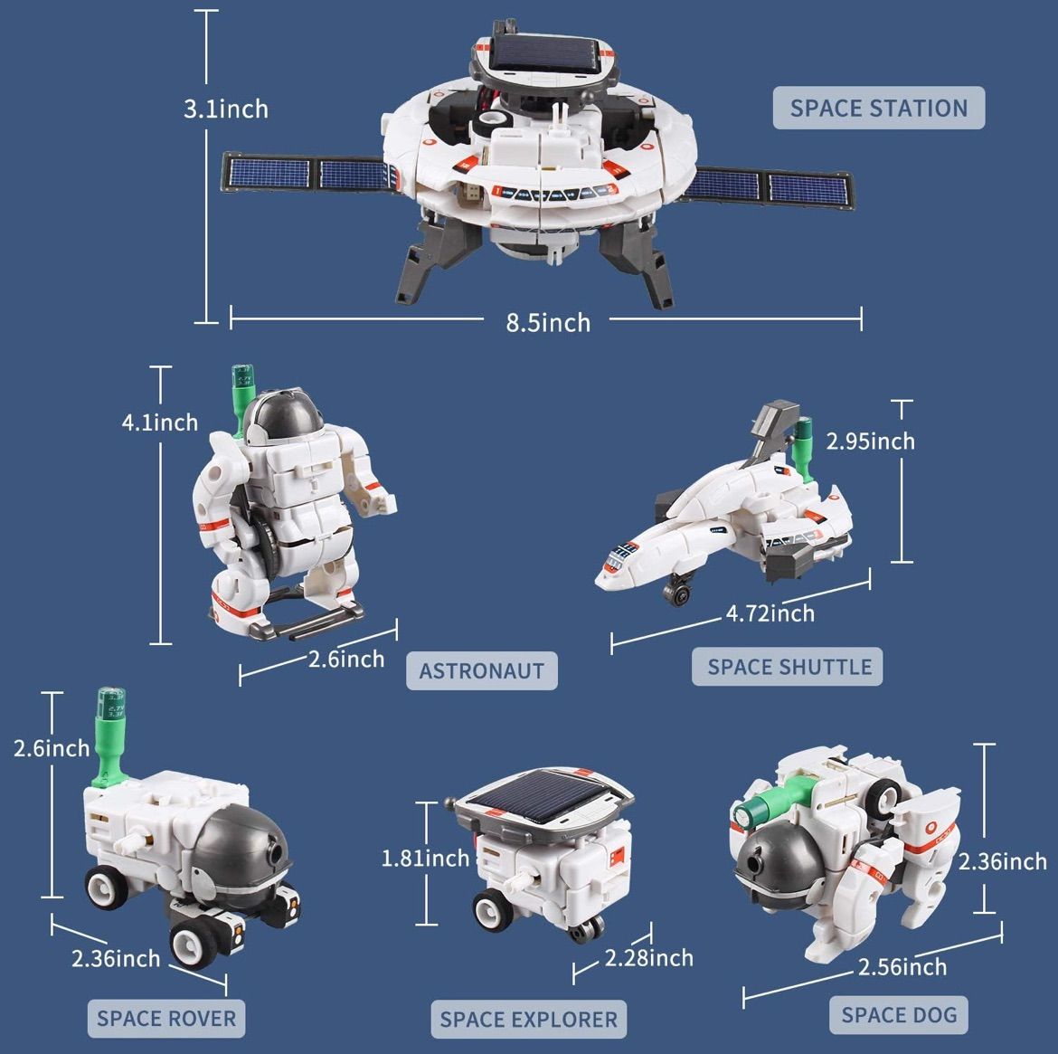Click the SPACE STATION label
878,109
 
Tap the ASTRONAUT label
481,671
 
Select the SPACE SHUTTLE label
789,667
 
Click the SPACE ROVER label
165,1018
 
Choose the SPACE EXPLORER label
528,1020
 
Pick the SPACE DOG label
898,1014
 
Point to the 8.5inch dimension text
547,322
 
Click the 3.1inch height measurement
226,109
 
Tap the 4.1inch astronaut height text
159,422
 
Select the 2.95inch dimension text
870,441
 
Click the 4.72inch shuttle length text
770,613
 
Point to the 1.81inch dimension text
425,858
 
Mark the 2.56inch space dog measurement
902,966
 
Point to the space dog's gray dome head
775,864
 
